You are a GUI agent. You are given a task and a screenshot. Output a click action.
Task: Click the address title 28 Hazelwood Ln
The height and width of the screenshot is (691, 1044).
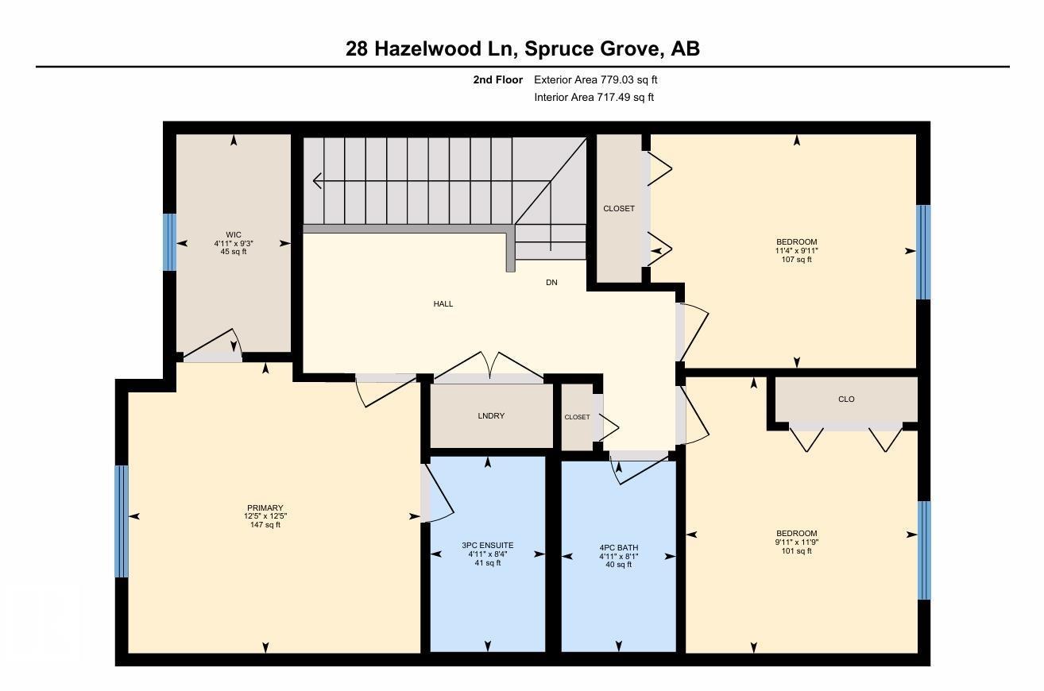[x=522, y=48]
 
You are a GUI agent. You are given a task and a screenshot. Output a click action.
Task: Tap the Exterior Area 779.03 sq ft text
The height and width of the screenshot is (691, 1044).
[x=595, y=79]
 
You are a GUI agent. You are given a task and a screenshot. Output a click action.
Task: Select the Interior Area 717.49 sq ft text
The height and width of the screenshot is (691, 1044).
[x=594, y=97]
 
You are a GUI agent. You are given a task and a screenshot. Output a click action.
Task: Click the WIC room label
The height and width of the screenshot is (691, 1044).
[x=233, y=234]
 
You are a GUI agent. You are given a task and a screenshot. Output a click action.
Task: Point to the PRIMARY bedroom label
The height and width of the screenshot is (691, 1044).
[x=265, y=508]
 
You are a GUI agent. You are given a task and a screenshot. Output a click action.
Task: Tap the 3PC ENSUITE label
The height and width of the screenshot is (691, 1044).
[x=487, y=546]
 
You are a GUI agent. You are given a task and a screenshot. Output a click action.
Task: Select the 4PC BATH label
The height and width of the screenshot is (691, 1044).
[x=618, y=548]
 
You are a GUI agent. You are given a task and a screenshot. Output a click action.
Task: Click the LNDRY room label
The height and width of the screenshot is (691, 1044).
[x=491, y=416]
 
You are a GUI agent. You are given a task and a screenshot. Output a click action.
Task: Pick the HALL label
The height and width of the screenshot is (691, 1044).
[x=443, y=303]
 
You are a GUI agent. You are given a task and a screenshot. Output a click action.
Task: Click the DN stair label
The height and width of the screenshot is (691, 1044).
[x=551, y=282]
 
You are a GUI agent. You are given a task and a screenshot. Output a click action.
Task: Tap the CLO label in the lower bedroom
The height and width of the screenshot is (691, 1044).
[x=846, y=400]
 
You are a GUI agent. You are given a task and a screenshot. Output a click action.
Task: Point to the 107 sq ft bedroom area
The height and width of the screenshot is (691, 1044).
[x=796, y=259]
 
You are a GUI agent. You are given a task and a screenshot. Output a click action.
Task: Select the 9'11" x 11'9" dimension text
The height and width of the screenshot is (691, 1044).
[x=796, y=542]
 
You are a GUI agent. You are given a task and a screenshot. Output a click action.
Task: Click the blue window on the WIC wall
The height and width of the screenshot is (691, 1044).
[x=169, y=242]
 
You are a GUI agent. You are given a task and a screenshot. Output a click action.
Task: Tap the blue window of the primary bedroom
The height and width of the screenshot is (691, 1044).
[x=122, y=521]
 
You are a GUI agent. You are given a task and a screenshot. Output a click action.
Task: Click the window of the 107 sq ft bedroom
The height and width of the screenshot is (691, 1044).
[x=923, y=252]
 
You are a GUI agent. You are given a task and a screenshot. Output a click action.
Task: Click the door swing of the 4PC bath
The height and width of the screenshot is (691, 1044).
[x=640, y=469]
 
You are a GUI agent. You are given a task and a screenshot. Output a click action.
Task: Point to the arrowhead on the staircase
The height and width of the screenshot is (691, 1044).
[x=317, y=181]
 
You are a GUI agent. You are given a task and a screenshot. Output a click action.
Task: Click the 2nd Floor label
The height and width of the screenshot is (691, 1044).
[x=497, y=79]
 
